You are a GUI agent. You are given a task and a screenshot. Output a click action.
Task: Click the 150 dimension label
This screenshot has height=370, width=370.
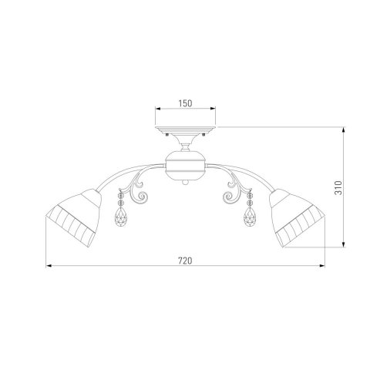pyautogui.click(x=184, y=100)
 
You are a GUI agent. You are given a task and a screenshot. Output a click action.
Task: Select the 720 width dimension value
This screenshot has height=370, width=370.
pyautogui.click(x=184, y=261)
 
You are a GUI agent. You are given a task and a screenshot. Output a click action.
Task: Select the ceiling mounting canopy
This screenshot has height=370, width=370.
pyautogui.click(x=184, y=132)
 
